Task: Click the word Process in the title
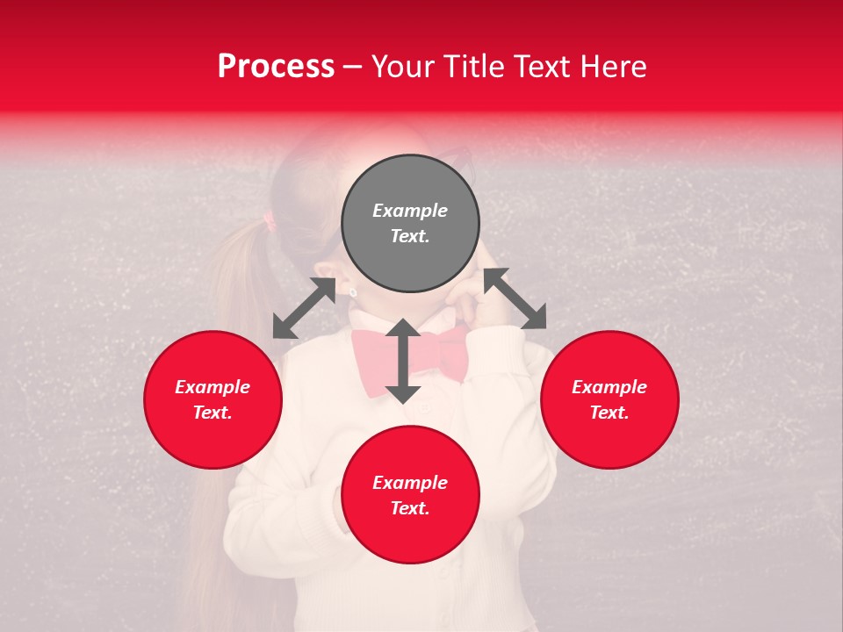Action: [276, 67]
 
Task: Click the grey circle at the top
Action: [410, 224]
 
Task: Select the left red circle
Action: [213, 399]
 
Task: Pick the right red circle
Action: [609, 399]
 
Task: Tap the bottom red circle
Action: [410, 495]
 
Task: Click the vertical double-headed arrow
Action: [403, 361]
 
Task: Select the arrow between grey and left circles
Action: [304, 308]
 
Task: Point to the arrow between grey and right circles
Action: [515, 298]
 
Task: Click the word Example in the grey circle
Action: [410, 211]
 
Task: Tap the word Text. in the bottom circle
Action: [410, 508]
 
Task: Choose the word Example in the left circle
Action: [213, 387]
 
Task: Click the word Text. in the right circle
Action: [609, 413]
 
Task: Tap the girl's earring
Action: [353, 291]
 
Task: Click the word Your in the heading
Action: [400, 67]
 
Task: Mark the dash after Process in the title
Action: [352, 68]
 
